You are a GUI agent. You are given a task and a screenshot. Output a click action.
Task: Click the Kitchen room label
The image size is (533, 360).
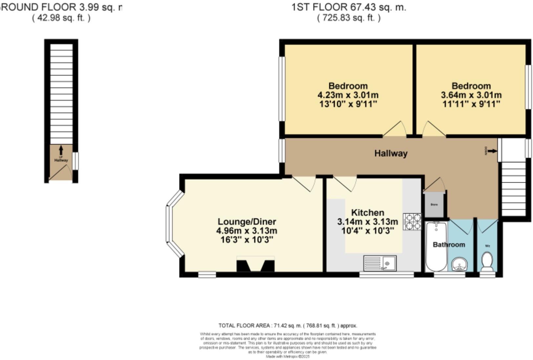pyautogui.click(x=368, y=212)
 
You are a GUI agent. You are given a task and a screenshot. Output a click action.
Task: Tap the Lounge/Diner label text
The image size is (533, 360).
pyautogui.click(x=247, y=221)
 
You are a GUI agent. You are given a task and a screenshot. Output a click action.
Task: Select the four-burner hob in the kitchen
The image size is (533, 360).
pyautogui.click(x=413, y=221)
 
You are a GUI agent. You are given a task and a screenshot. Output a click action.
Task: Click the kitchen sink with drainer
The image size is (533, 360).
pyautogui.click(x=380, y=263)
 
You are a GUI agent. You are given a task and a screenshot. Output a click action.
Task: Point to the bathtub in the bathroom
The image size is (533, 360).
pyautogui.click(x=436, y=246)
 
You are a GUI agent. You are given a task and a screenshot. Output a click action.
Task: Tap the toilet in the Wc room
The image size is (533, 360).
pyautogui.click(x=487, y=262)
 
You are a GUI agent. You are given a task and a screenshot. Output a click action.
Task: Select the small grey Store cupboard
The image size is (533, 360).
pyautogui.click(x=434, y=205)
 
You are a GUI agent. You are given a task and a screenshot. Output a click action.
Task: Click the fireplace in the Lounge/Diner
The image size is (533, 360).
pyautogui.click(x=255, y=265)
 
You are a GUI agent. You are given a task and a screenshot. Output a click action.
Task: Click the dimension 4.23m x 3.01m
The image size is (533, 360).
pyautogui.click(x=348, y=95)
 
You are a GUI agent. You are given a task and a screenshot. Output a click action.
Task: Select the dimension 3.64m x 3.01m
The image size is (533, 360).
pyautogui.click(x=471, y=95)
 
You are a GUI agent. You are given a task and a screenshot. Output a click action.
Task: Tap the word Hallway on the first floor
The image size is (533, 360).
pyautogui.click(x=391, y=153)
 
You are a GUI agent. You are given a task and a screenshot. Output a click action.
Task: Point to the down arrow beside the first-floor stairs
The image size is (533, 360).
pyautogui.click(x=492, y=151)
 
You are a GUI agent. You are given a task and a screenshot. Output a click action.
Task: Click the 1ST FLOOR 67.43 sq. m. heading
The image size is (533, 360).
pyautogui.click(x=349, y=7)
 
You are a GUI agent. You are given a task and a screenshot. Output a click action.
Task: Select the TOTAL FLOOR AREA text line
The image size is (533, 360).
pyautogui.click(x=288, y=326)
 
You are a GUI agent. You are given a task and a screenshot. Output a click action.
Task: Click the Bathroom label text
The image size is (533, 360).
pyautogui.click(x=449, y=245)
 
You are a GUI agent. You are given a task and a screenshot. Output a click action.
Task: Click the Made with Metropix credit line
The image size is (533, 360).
pyautogui.click(x=288, y=356)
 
